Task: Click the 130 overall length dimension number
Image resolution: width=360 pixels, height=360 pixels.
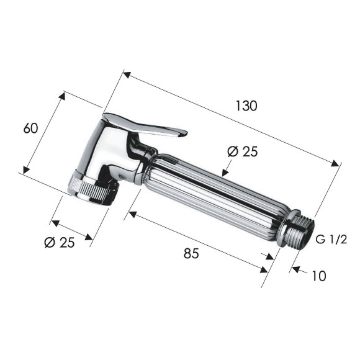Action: click(x=246, y=106)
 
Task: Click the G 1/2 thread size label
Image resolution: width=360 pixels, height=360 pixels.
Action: click(x=331, y=240)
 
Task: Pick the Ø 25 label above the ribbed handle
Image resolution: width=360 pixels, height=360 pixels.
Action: click(x=242, y=151)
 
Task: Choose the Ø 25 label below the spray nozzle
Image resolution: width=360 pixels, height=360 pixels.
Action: click(x=60, y=243)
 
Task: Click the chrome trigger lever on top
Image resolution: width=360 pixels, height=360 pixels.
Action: click(x=149, y=126)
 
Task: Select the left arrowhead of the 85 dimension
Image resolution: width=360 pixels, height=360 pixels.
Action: click(x=129, y=215)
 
